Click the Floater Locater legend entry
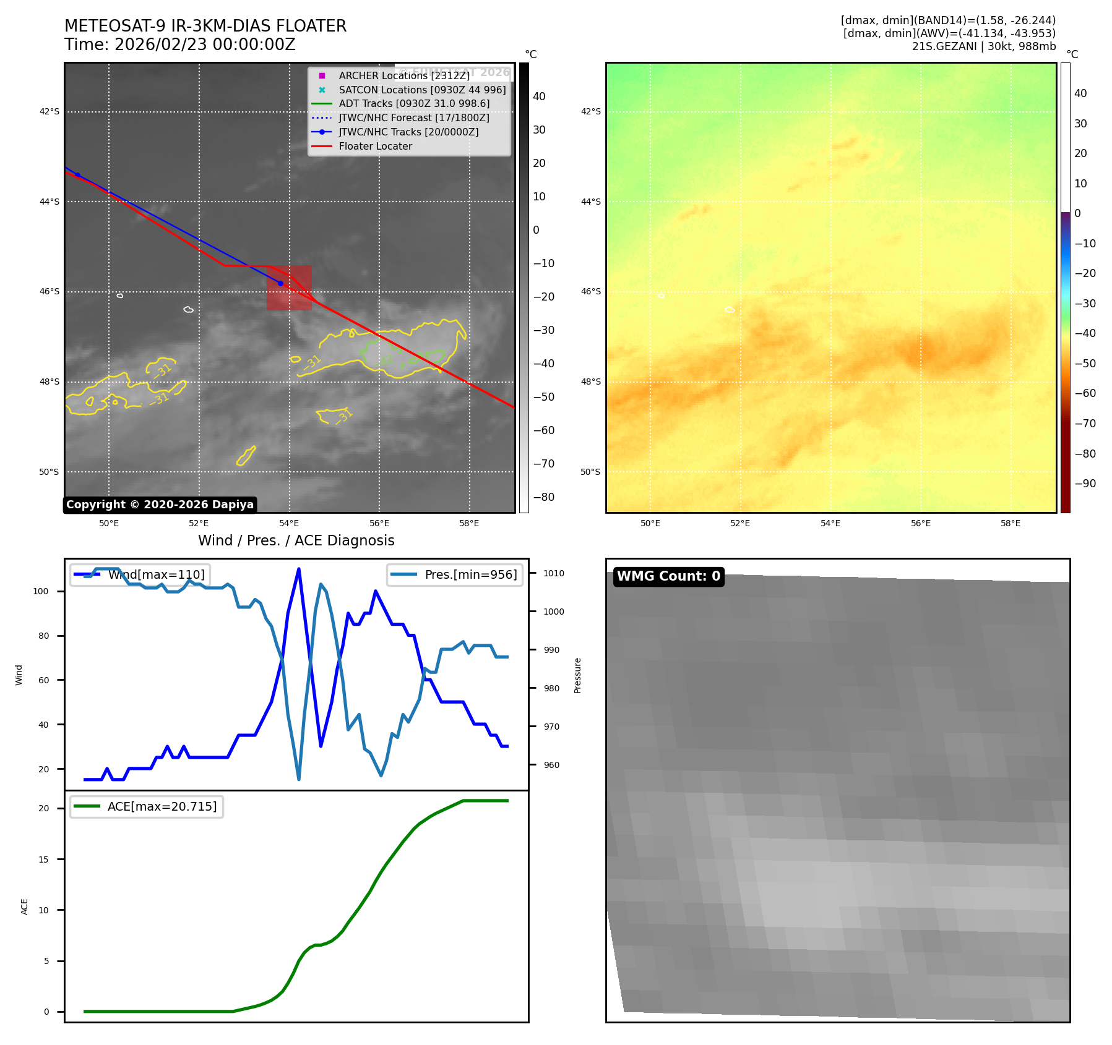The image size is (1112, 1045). pos(375,147)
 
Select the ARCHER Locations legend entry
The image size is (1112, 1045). pos(403,75)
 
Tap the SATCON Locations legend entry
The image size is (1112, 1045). pos(421,90)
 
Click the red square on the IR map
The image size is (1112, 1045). pos(289,288)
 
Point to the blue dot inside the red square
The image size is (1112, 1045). pos(280,283)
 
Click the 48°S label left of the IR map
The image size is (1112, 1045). pos(50,382)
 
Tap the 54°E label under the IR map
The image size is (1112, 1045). pos(289,524)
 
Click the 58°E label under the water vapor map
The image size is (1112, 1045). pos(1011,524)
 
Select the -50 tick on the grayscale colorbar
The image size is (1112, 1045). pos(544,397)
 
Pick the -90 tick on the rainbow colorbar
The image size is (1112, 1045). pos(1085,484)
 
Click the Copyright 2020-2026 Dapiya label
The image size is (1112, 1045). pos(160,505)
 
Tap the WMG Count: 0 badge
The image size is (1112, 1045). pos(668,576)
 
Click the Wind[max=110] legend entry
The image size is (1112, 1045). pos(156,574)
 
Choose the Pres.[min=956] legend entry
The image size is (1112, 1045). pos(470,574)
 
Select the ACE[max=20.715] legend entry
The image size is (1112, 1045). pos(162,806)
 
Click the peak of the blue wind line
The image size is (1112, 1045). pos(299,569)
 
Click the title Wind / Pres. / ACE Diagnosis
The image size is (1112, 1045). pos(296,540)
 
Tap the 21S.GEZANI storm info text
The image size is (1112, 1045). pos(983,46)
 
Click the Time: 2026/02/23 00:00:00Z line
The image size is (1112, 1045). pos(180,45)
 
